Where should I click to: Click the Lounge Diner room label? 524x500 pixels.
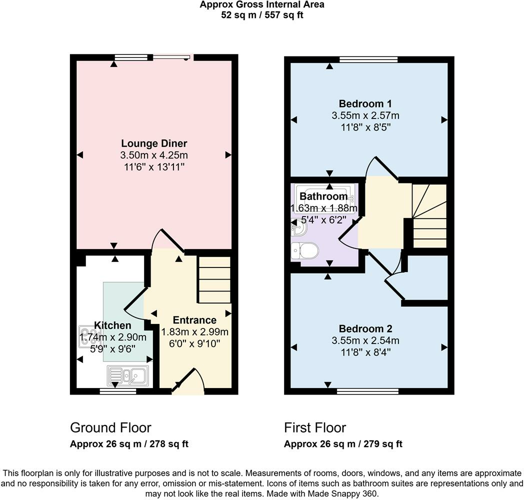pos(153,143)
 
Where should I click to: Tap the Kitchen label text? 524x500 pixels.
pos(112,325)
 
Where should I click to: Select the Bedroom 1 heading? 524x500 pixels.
pos(365,103)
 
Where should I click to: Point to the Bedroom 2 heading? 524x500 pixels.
pos(365,328)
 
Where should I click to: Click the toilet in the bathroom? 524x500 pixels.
pos(304,250)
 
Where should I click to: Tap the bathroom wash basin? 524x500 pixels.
pos(299,228)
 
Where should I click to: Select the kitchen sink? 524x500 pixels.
pos(127,376)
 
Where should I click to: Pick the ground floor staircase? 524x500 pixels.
pos(214,279)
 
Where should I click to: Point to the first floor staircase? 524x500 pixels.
pos(430,216)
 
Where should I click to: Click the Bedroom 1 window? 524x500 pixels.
pos(368,59)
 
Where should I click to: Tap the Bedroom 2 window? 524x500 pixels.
pos(367,391)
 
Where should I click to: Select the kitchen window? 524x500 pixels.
pos(118,391)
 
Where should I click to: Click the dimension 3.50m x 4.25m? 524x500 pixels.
pos(154,155)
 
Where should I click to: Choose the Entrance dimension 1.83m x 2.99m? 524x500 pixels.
pos(195,332)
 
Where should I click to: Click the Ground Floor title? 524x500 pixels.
pos(110,428)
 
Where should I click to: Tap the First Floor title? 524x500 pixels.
pos(315,428)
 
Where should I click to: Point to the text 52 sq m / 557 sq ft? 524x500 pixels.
pos(262,15)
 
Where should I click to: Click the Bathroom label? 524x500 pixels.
pos(323,196)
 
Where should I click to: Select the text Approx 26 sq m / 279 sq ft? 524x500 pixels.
pos(343,444)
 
